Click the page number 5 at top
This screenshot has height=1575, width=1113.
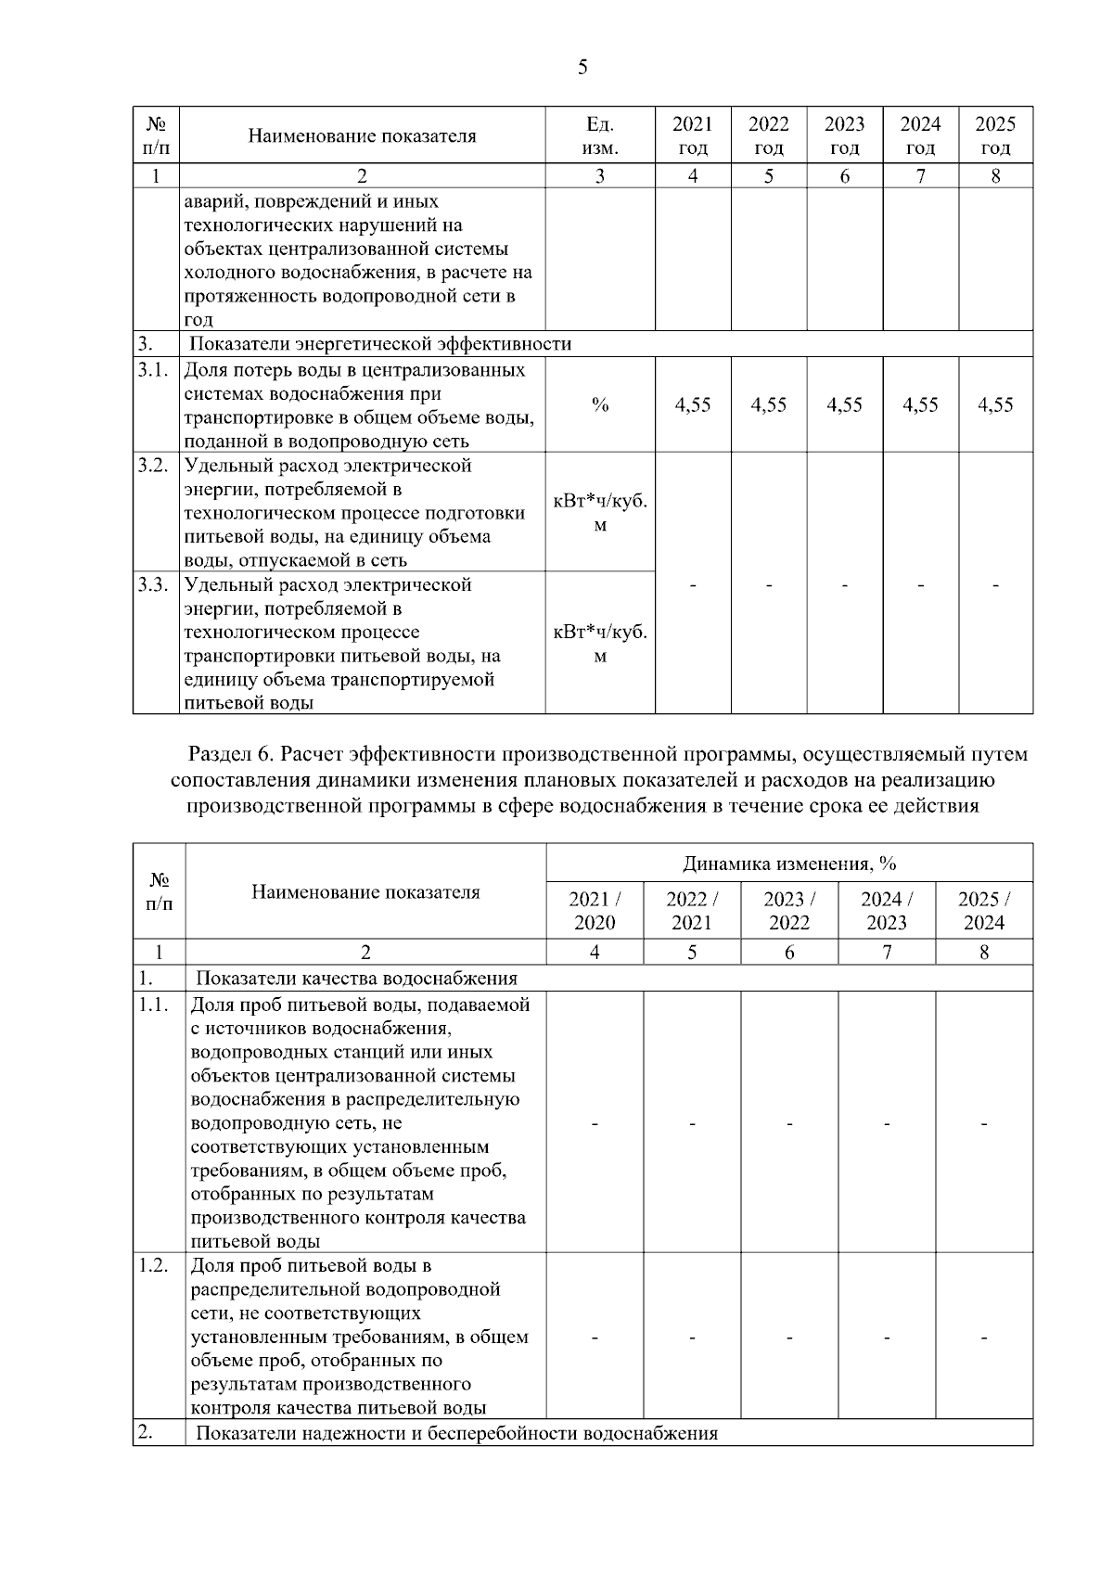(x=582, y=67)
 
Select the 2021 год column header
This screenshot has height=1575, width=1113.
(x=693, y=135)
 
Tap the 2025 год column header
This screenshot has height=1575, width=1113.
(x=995, y=135)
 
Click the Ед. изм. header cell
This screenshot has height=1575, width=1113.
(x=600, y=135)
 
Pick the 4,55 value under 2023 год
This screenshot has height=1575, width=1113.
(x=844, y=405)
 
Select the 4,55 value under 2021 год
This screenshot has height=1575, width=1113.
(x=693, y=405)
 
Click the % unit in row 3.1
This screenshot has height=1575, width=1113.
(x=600, y=405)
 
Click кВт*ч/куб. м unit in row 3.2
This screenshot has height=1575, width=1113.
(x=600, y=512)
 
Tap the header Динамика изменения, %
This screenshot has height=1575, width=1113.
(x=789, y=864)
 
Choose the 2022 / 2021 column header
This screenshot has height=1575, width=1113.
(x=692, y=911)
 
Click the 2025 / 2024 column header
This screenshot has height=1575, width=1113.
(x=984, y=911)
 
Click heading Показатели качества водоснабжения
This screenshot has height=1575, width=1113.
(x=356, y=979)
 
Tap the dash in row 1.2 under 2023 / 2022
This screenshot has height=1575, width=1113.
(x=789, y=1338)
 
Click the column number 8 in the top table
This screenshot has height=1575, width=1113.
(x=995, y=176)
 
